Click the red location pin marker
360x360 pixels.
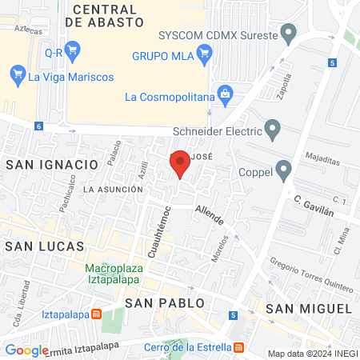click(x=180, y=164)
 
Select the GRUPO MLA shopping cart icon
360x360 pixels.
click(x=204, y=55)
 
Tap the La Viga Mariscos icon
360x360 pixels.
click(x=18, y=77)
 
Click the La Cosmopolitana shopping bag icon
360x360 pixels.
click(x=226, y=97)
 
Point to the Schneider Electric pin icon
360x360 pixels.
click(x=273, y=130)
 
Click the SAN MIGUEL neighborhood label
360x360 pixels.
click(x=309, y=308)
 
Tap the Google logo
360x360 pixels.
click(x=26, y=350)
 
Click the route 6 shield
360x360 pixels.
click(x=38, y=126)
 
